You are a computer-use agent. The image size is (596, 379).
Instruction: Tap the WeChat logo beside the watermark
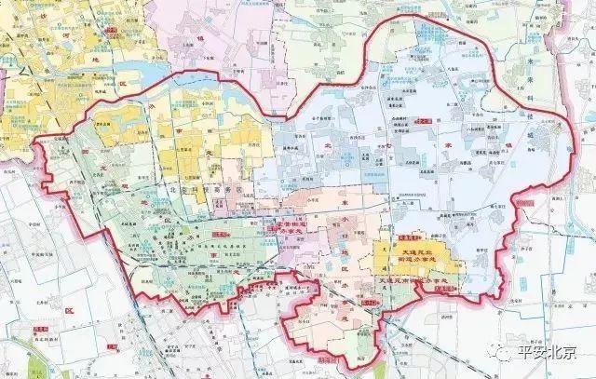[505, 355]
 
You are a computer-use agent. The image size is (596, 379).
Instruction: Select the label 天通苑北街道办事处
[412, 258]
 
